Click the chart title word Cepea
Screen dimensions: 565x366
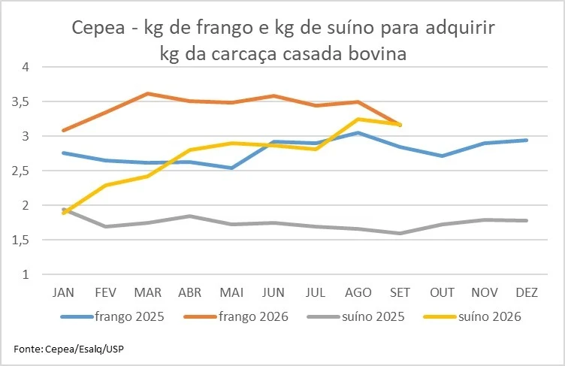coord(98,28)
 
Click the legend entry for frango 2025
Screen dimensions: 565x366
coord(113,316)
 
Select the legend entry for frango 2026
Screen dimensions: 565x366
coord(237,316)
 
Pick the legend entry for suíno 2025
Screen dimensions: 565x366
coord(356,316)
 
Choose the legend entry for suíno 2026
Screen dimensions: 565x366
coord(473,316)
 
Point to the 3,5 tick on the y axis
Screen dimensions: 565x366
coord(20,102)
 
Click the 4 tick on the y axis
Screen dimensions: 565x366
coord(26,67)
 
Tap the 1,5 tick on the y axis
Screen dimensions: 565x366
coord(20,240)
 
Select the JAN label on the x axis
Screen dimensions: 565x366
coord(63,292)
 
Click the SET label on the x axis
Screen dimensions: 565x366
coord(400,292)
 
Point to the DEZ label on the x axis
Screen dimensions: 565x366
coord(527,292)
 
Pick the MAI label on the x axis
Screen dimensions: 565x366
coord(231,292)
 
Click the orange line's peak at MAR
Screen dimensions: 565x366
coord(148,93)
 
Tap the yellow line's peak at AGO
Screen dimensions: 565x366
coord(358,119)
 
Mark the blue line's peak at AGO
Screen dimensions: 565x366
coord(358,133)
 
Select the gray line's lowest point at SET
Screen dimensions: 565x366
coord(400,233)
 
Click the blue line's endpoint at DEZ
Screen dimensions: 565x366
coord(527,141)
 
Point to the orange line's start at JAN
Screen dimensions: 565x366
coord(64,130)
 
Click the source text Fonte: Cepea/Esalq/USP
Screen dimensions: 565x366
coord(68,349)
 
